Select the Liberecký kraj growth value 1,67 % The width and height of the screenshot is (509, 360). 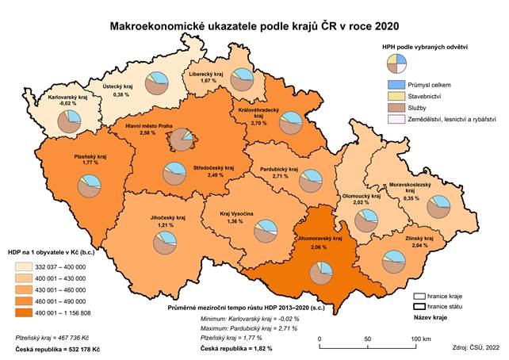[x=209, y=81]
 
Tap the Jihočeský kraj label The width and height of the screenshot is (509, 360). [x=166, y=216]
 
